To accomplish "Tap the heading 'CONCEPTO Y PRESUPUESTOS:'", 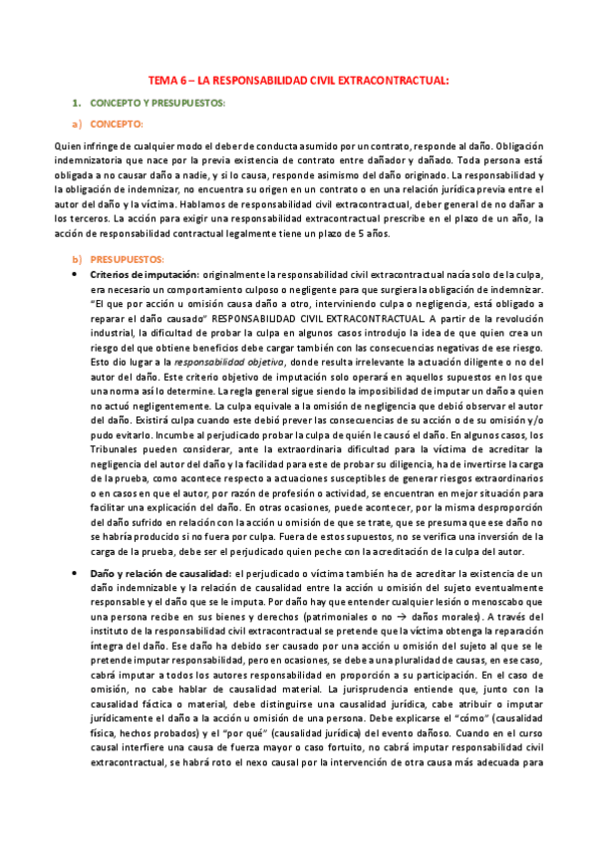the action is (157, 103).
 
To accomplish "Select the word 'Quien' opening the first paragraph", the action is (68, 145).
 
